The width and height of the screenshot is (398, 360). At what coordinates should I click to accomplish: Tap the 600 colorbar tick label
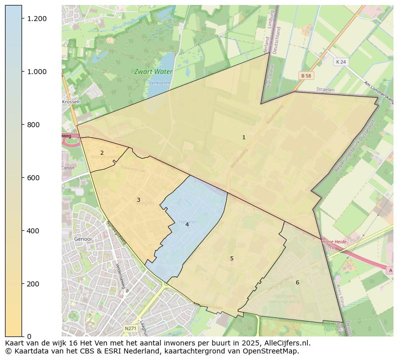pyautogui.click(x=34, y=178)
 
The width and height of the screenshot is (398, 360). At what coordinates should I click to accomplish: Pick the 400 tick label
pyautogui.click(x=34, y=231)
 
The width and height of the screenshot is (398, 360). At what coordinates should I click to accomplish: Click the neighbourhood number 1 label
pyautogui.click(x=244, y=137)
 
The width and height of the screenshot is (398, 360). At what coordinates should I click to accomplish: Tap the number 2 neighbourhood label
pyautogui.click(x=102, y=153)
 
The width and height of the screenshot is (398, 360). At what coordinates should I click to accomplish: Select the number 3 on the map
pyautogui.click(x=138, y=200)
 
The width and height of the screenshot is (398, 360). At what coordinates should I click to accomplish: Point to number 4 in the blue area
pyautogui.click(x=187, y=225)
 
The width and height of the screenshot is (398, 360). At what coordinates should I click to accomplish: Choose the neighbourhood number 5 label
pyautogui.click(x=232, y=259)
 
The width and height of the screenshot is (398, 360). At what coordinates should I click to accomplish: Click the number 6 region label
pyautogui.click(x=297, y=283)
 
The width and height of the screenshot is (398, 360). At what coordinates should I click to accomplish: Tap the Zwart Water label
pyautogui.click(x=153, y=72)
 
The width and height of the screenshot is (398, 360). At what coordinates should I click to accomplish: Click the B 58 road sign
pyautogui.click(x=306, y=76)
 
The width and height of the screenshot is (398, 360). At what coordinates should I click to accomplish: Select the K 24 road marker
pyautogui.click(x=341, y=62)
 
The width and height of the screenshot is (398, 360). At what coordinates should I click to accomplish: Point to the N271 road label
pyautogui.click(x=130, y=328)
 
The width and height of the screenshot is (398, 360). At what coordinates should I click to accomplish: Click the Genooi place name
pyautogui.click(x=83, y=239)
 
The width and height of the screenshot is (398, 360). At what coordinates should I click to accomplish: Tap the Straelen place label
pyautogui.click(x=325, y=89)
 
